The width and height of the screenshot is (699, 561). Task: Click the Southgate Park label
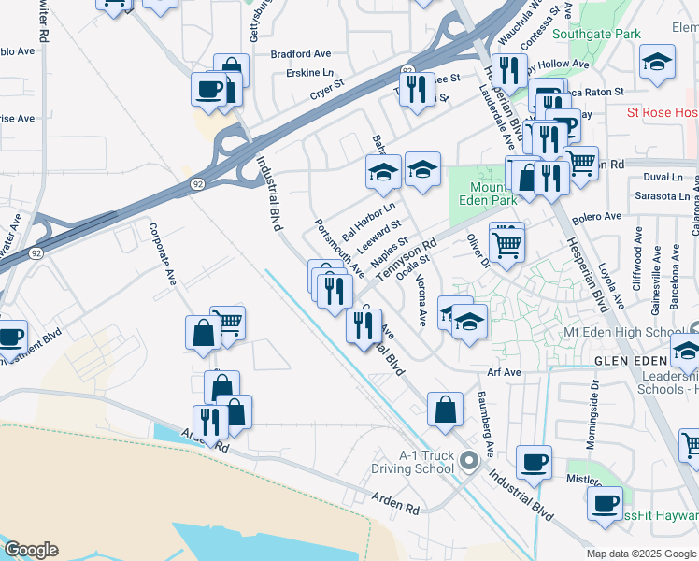coord(596,34)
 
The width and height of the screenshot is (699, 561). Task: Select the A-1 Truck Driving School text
coord(427,462)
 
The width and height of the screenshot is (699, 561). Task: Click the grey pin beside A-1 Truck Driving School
coord(469,460)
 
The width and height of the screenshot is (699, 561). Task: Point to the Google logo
coord(30,550)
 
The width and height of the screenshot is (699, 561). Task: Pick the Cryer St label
coord(328,93)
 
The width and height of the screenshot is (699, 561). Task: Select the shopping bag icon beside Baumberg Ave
coord(446,408)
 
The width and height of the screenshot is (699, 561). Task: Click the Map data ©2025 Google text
coord(641,554)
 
